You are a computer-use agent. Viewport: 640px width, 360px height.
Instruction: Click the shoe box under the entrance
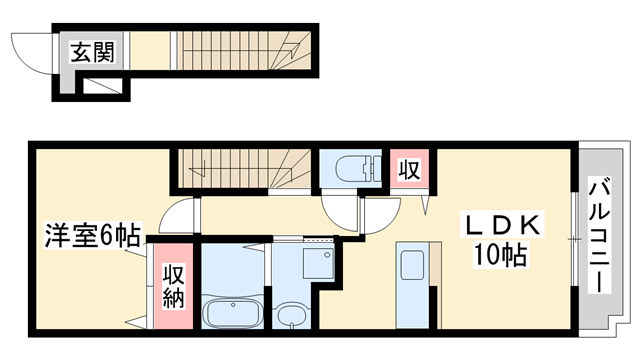pyautogui.click(x=98, y=87)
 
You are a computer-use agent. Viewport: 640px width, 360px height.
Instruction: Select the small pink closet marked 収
pyautogui.click(x=408, y=168)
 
